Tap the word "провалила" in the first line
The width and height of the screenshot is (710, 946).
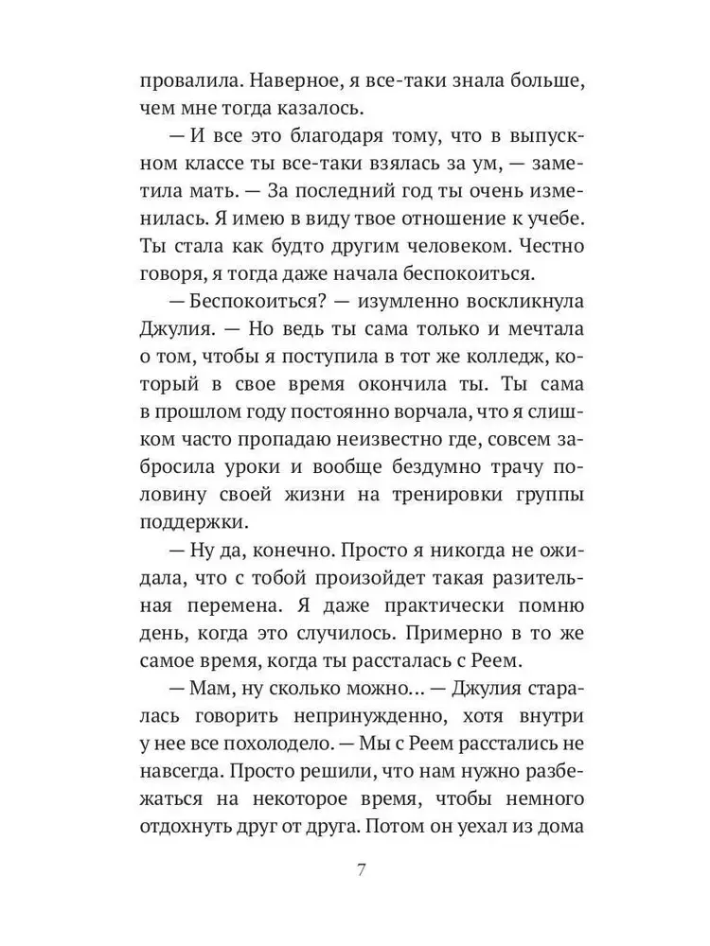pos(185,79)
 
